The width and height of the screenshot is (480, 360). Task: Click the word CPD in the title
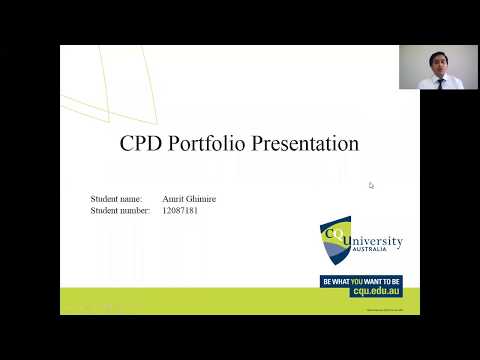point(141,143)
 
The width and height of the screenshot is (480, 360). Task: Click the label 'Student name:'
point(116,199)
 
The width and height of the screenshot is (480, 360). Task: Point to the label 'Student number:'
point(120,211)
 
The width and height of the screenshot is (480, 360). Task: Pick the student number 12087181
point(180,211)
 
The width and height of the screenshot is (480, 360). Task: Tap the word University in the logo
point(374,242)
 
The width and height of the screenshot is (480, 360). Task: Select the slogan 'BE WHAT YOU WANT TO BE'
point(361,281)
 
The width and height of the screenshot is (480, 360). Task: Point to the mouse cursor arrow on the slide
point(371,185)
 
